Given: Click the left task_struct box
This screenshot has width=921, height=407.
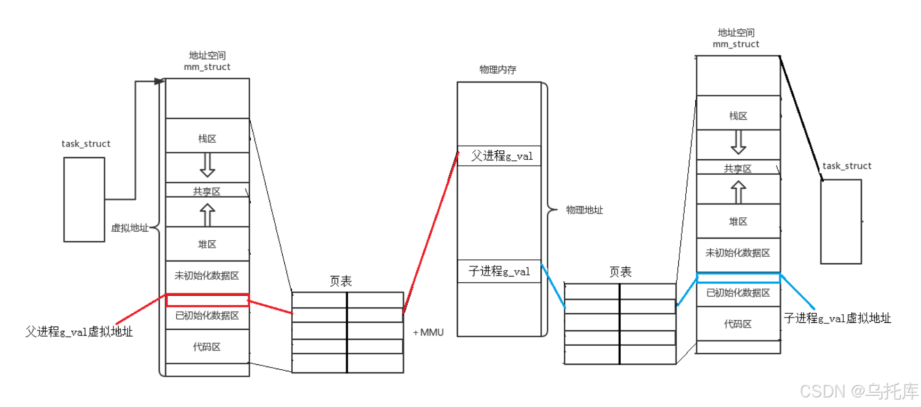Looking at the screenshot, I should (84, 199).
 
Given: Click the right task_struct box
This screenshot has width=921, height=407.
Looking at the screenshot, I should (841, 222).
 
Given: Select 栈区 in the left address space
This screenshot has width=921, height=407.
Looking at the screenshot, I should (207, 139).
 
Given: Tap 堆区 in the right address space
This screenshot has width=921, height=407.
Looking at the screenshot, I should (738, 222).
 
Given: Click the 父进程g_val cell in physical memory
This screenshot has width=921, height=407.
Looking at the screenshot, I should (499, 156).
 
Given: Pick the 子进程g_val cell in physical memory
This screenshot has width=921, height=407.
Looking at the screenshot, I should (499, 272).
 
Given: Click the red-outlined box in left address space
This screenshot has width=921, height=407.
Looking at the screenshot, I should (207, 300).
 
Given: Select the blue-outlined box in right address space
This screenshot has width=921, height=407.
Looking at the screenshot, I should (738, 278).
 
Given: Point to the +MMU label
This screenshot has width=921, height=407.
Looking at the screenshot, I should (429, 332).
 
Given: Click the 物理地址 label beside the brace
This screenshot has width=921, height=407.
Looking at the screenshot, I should (584, 210).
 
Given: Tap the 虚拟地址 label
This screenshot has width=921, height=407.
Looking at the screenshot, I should (129, 228).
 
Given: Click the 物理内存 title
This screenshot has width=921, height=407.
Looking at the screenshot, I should (498, 70).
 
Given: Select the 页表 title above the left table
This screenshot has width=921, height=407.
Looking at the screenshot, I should (341, 281).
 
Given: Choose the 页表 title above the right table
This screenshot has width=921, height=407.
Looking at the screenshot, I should (620, 272).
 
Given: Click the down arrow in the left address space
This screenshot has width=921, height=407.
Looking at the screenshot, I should (207, 165).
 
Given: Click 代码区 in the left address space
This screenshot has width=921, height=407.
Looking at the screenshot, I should (207, 347).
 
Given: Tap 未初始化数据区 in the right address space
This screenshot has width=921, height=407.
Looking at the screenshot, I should (738, 253).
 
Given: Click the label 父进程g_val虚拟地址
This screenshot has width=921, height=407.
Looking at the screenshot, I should (79, 332).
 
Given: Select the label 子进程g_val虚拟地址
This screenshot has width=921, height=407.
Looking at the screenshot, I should (837, 319).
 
